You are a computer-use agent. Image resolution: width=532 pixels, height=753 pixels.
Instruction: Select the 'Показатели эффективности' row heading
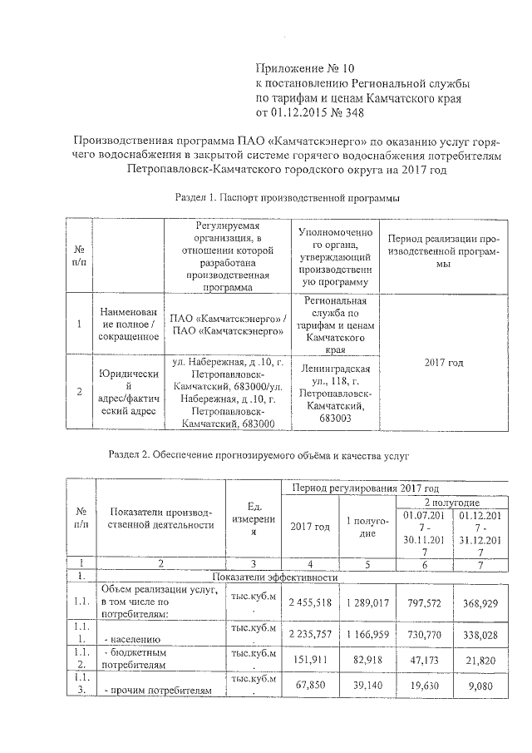274,577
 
